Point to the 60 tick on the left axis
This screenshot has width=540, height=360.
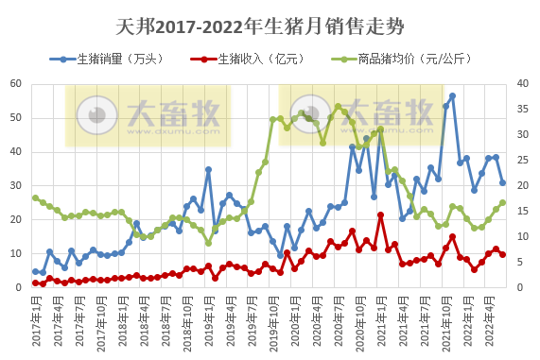coord(16,83)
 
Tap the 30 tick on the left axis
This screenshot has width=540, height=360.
coord(16,185)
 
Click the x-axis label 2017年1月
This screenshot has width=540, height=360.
coord(35,321)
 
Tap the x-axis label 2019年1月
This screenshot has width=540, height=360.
coord(208,321)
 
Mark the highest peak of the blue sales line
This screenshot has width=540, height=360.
coord(452,95)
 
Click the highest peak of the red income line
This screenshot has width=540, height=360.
coord(380,214)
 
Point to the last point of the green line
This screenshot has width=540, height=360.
coord(502,202)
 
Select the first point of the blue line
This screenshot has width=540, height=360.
coord(35,271)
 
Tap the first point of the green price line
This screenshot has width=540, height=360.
coord(35,197)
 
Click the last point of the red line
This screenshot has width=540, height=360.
coord(502,254)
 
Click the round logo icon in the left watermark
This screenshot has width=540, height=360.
coord(97,115)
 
